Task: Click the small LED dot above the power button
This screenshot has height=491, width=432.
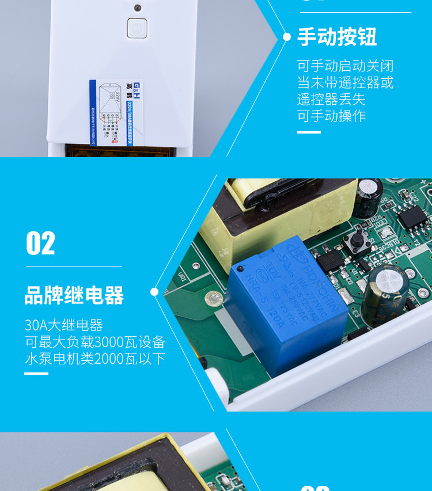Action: pyautogui.click(x=137, y=8)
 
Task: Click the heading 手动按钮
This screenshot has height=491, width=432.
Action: pyautogui.click(x=337, y=37)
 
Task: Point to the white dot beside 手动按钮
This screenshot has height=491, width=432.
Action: pyautogui.click(x=287, y=37)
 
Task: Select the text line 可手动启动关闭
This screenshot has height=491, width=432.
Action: pyautogui.click(x=345, y=66)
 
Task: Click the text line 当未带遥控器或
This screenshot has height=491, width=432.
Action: pyautogui.click(x=345, y=82)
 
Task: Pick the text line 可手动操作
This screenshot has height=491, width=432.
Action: pyautogui.click(x=331, y=116)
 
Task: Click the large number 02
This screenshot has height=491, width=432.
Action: pyautogui.click(x=40, y=243)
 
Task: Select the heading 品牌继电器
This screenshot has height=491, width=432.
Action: pyautogui.click(x=74, y=295)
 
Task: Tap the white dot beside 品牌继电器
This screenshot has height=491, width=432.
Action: pyautogui.click(x=154, y=292)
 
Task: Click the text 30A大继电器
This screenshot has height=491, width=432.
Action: pyautogui.click(x=63, y=325)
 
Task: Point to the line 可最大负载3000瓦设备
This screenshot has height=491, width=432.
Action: pyautogui.click(x=95, y=342)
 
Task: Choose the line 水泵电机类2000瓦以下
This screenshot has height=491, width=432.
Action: pyautogui.click(x=95, y=359)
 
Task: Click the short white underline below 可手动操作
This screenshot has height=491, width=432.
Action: pyautogui.click(x=309, y=132)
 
